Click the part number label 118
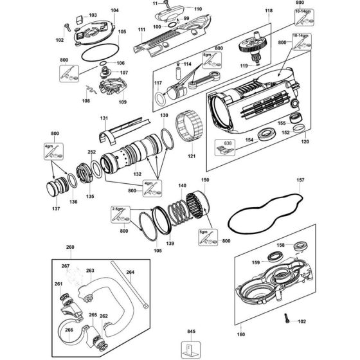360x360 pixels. click(268, 12)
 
